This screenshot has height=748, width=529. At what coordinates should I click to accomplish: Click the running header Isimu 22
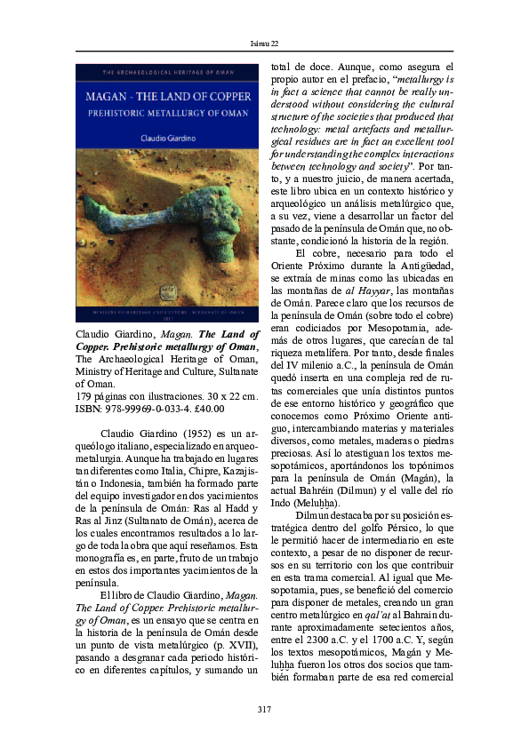tap(263, 43)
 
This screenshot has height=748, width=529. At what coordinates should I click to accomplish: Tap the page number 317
tap(263, 708)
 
